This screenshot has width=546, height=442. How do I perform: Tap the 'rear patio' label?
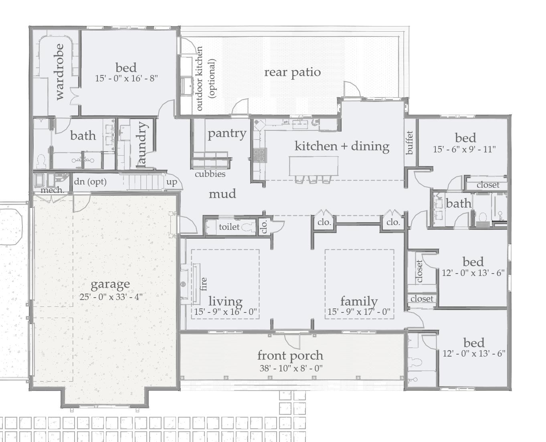click(x=292, y=72)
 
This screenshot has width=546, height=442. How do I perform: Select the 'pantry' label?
click(x=227, y=133)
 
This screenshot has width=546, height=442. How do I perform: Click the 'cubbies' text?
click(x=210, y=174)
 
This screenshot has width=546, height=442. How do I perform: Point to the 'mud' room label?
click(x=222, y=194)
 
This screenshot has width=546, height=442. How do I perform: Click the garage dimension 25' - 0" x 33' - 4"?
click(x=111, y=297)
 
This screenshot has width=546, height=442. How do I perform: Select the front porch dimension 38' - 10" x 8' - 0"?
click(x=291, y=368)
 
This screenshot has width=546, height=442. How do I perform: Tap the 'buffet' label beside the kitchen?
click(x=410, y=142)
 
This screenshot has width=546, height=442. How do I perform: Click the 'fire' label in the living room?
click(x=204, y=284)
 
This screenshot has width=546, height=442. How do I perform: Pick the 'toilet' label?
click(x=229, y=227)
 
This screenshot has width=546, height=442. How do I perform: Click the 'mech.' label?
click(x=52, y=190)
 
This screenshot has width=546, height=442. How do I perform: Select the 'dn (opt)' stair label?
click(x=90, y=182)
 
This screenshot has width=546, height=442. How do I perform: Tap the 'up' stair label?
click(x=172, y=182)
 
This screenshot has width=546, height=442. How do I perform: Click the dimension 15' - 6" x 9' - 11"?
click(x=464, y=149)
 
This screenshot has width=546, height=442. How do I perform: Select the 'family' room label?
click(x=359, y=301)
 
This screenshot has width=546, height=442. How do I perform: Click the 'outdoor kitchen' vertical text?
click(x=199, y=79)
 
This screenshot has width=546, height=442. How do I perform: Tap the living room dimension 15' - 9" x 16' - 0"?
click(x=225, y=312)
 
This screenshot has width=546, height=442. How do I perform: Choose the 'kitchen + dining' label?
click(x=342, y=146)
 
